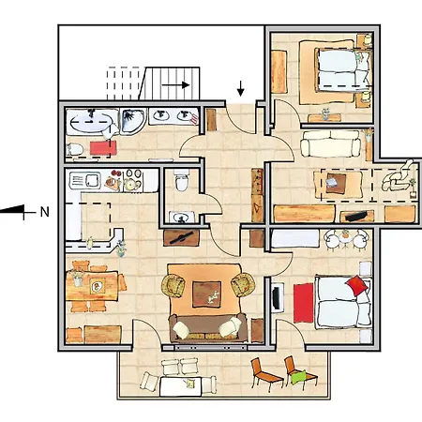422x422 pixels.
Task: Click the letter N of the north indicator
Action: click(45, 212)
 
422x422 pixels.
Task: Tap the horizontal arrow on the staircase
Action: click(175, 84)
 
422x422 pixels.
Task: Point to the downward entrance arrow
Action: click(240, 88)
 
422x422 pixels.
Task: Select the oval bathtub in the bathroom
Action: click(91, 122)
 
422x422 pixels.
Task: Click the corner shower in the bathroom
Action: click(133, 121)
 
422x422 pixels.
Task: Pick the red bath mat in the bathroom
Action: click(103, 148)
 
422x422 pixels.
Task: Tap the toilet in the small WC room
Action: click(182, 180)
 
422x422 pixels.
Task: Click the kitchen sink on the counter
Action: click(84, 181)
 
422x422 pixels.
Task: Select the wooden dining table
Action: click(92, 286)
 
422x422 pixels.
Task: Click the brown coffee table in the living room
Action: click(206, 294)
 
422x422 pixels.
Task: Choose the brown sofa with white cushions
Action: click(208, 328)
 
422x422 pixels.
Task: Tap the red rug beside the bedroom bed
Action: click(303, 303)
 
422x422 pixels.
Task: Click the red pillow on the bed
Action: click(356, 285)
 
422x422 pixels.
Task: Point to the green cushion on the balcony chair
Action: click(299, 377)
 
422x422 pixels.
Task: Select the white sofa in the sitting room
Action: click(330, 143)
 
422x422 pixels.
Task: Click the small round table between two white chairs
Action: click(345, 239)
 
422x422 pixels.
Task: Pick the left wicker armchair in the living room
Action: click(173, 285)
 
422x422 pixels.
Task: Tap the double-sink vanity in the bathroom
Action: click(173, 116)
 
